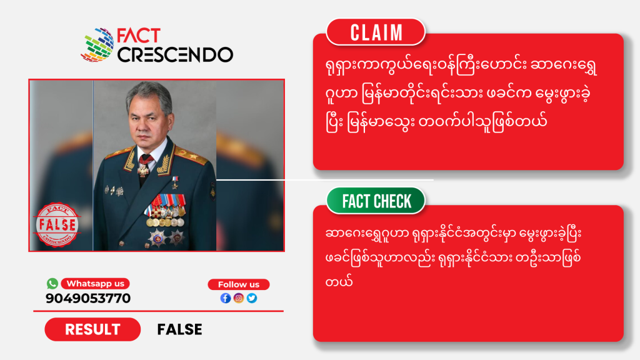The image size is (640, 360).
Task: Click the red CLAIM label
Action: pyautogui.click(x=376, y=32)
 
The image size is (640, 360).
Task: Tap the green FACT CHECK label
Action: pyautogui.click(x=376, y=201)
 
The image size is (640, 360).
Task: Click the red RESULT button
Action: pyautogui.click(x=92, y=329)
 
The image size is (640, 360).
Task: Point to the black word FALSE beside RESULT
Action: pyautogui.click(x=179, y=329)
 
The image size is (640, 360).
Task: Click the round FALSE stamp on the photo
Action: pyautogui.click(x=57, y=225)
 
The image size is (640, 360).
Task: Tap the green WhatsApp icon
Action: pyautogui.click(x=52, y=283)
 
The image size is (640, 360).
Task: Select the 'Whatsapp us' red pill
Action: pyautogui.click(x=95, y=284)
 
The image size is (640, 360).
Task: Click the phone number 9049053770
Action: pyautogui.click(x=88, y=298)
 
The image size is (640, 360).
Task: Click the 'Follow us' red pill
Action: pyautogui.click(x=239, y=284)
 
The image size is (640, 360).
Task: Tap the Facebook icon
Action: pyautogui.click(x=226, y=298)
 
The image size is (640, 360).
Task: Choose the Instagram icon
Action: pyautogui.click(x=239, y=298)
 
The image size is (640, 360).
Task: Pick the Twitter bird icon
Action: pyautogui.click(x=252, y=298)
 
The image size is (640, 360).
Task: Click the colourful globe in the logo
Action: pyautogui.click(x=97, y=45)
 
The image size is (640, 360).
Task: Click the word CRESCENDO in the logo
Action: pyautogui.click(x=175, y=55)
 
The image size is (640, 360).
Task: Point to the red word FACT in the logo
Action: pyautogui.click(x=139, y=36)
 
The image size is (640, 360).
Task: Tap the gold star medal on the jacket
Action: pyautogui.click(x=175, y=182)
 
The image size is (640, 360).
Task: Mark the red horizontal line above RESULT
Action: pyautogui.click(x=158, y=311)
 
